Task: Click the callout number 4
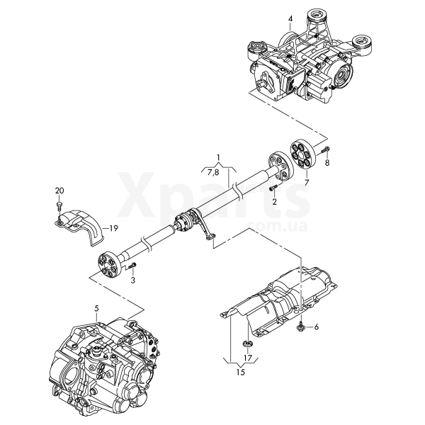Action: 290,18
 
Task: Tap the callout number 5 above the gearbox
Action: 97,308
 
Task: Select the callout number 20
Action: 59,191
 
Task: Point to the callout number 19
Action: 114,229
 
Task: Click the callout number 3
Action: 133,280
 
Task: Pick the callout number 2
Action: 275,202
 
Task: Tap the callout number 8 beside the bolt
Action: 327,163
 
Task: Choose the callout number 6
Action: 317,327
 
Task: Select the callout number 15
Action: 241,372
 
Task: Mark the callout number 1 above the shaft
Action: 218,157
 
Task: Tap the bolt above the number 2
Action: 273,188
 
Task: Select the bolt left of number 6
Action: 301,326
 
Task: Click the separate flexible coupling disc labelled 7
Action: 302,156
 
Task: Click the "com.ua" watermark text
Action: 277,227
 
